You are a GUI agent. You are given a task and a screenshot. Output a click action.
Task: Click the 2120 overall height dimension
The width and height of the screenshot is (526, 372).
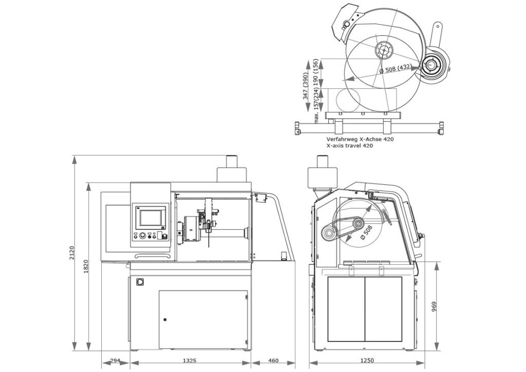pyautogui.click(x=72, y=253)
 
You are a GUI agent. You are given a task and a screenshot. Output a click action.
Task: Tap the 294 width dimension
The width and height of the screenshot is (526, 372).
pyautogui.click(x=116, y=361)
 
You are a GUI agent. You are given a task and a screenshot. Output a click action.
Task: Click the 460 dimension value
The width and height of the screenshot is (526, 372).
pyautogui.click(x=273, y=361)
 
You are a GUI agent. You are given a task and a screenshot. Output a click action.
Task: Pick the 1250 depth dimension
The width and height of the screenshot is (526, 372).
pyautogui.click(x=367, y=361)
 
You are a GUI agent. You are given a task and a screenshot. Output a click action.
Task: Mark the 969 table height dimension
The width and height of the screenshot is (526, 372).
pyautogui.click(x=434, y=306)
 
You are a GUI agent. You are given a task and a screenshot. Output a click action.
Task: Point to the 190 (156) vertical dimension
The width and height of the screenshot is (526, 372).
pyautogui.click(x=316, y=72)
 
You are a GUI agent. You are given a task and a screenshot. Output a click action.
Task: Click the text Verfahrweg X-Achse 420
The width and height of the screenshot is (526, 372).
pyautogui.click(x=360, y=139)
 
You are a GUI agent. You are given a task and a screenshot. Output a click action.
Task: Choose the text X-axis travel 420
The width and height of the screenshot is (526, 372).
pyautogui.click(x=349, y=146)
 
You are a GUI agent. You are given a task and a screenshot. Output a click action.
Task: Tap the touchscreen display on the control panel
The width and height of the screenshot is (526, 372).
pyautogui.click(x=149, y=217)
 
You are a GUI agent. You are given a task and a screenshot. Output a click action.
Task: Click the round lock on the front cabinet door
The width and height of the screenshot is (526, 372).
pyautogui.click(x=165, y=320)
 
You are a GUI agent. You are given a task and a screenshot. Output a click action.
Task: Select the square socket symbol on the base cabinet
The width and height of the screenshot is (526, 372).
pyautogui.click(x=139, y=282)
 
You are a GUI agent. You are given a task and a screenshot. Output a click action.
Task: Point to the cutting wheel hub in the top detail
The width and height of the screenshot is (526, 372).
pyautogui.click(x=383, y=50)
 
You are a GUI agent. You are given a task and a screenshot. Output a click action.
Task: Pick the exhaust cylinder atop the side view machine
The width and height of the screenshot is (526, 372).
pyautogui.click(x=322, y=177)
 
